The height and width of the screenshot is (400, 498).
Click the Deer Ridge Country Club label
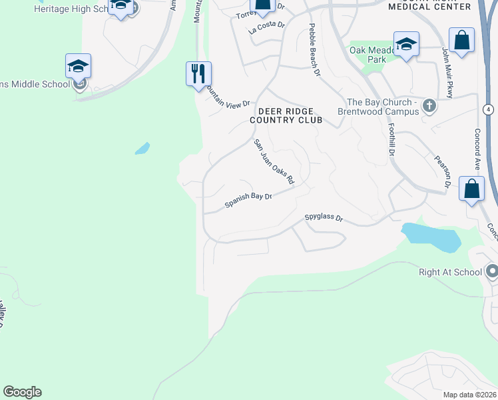(x=286, y=115)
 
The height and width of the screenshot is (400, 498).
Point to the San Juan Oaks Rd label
(x=273, y=161)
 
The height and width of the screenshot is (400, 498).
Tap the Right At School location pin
(x=492, y=271)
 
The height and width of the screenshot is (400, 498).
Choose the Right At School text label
(x=450, y=272)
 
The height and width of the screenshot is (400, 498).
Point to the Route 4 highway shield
(x=489, y=109)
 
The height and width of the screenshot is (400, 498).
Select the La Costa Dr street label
(x=266, y=27)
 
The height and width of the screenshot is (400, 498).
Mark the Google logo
(x=23, y=392)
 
